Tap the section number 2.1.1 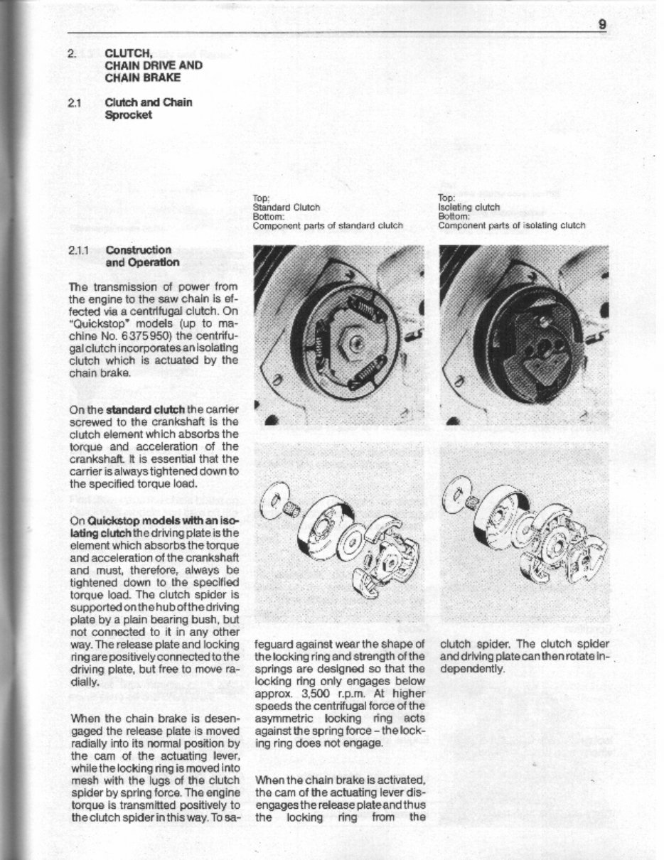[x=80, y=250]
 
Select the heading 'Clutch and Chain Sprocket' [x=148, y=108]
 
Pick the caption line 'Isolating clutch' [x=468, y=208]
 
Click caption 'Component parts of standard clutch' [x=328, y=225]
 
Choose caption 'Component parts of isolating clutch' [x=511, y=225]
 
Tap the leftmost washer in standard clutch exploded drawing [x=272, y=499]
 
